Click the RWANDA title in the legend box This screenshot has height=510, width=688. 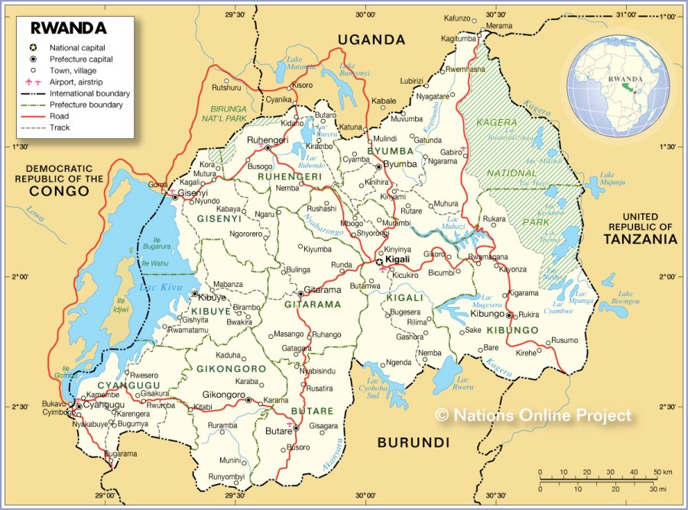pyautogui.click(x=68, y=28)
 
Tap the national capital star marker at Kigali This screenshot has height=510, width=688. pyautogui.click(x=379, y=261)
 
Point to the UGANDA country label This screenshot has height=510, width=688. pyautogui.click(x=371, y=40)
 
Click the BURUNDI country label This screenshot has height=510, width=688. pyautogui.click(x=413, y=442)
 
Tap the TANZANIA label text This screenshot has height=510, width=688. pyautogui.click(x=640, y=239)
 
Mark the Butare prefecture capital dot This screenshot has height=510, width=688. pyautogui.click(x=297, y=428)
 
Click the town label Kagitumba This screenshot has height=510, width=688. pyautogui.click(x=458, y=38)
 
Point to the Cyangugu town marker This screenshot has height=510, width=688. pyautogui.click(x=78, y=406)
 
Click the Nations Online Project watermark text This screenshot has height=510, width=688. pyautogui.click(x=534, y=415)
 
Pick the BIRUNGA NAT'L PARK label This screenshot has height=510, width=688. pyautogui.click(x=229, y=114)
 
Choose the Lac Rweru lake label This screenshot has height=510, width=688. pyautogui.click(x=463, y=383)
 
